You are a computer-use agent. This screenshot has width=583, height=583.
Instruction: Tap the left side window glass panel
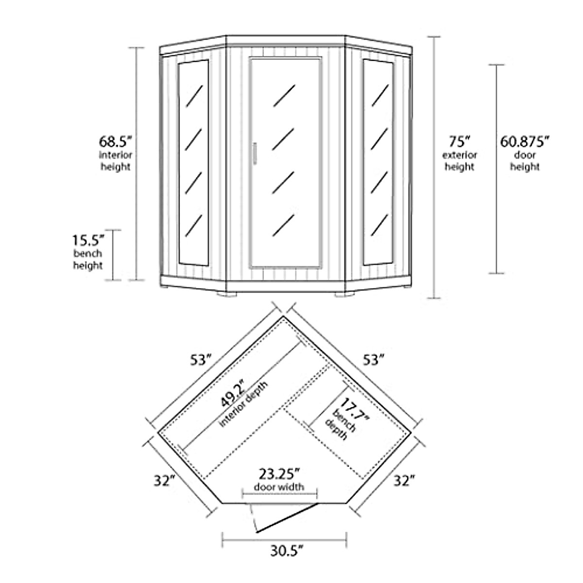point(193,163)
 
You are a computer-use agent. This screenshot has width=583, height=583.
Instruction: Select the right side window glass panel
point(378,163)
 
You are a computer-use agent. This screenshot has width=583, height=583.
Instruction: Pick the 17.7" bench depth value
point(355,411)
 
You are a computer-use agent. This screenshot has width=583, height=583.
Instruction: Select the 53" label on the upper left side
point(200,360)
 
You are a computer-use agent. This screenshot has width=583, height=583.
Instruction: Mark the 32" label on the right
point(404,481)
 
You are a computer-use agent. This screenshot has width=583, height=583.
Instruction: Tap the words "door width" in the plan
point(279,487)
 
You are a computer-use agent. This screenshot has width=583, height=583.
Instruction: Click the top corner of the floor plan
point(283,316)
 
